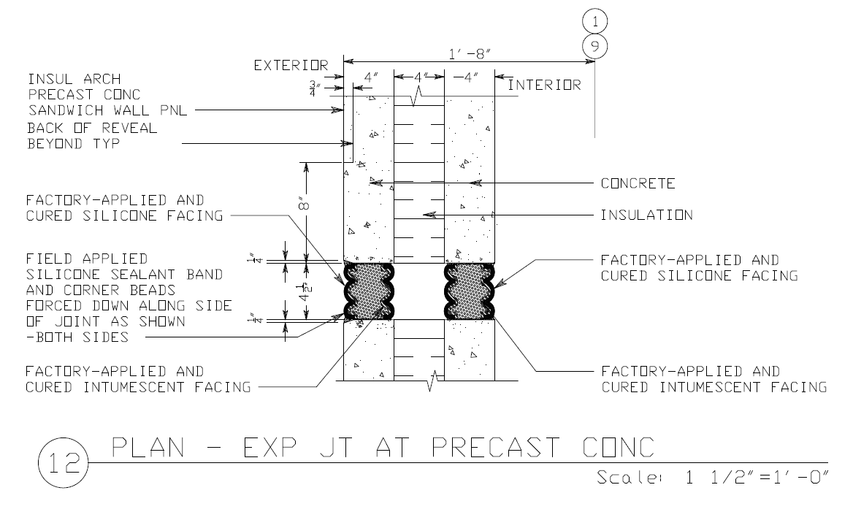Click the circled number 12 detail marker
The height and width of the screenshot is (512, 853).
click(61, 462)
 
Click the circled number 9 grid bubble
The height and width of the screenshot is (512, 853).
click(596, 46)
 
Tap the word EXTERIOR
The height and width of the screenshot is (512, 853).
click(290, 66)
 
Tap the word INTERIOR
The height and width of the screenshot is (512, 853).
click(544, 85)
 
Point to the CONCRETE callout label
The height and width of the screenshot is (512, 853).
click(638, 183)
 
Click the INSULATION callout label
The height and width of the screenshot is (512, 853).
click(646, 215)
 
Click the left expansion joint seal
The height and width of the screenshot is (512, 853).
click(369, 291)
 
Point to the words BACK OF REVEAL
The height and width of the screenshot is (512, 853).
click(92, 128)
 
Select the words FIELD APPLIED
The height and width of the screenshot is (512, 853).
click(86, 259)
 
